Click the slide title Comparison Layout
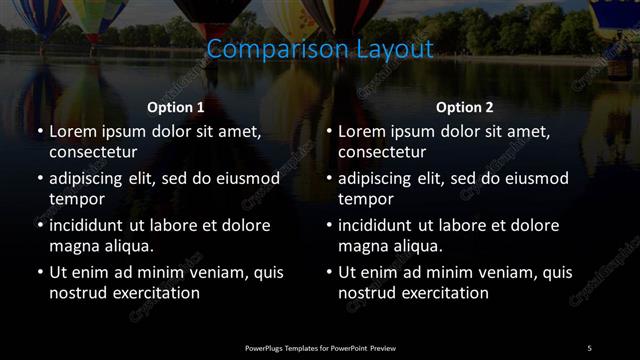click(320, 49)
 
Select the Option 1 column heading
click(176, 107)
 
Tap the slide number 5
click(589, 347)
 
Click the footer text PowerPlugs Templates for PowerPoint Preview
click(320, 347)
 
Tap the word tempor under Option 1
click(73, 200)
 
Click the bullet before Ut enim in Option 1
click(39, 272)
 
